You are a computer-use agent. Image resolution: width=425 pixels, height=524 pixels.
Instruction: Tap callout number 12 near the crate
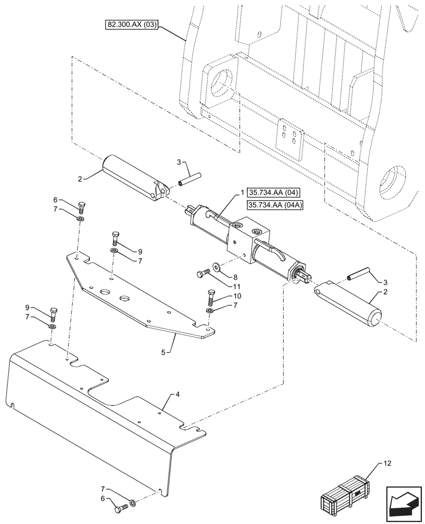coord(387,463)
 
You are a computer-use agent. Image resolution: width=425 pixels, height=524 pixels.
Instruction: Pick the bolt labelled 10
coord(211,298)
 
